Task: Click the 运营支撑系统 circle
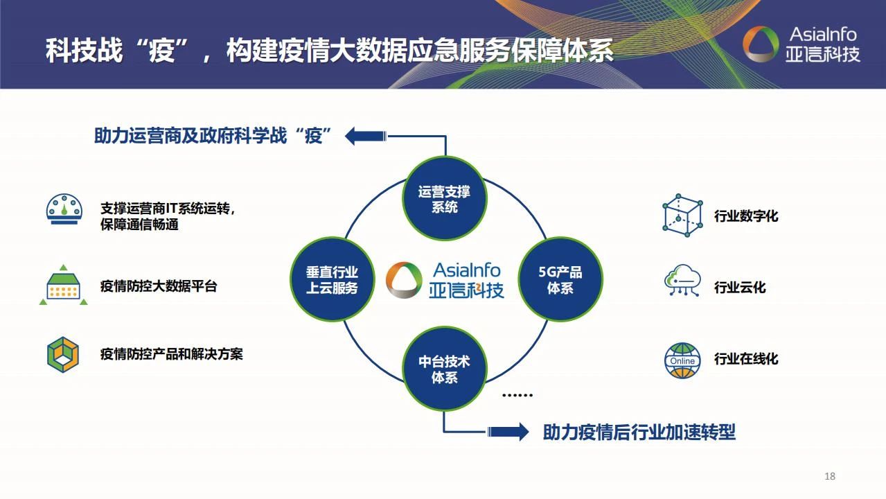(x=444, y=199)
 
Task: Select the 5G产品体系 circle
(x=560, y=279)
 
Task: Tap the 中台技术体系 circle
(x=444, y=369)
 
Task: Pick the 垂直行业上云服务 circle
(x=332, y=279)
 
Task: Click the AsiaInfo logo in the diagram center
(x=445, y=280)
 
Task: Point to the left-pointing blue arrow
(x=366, y=135)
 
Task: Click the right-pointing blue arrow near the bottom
(x=508, y=432)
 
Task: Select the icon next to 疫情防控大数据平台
(x=63, y=286)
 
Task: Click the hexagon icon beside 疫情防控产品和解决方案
(x=63, y=354)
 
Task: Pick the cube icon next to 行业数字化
(x=682, y=216)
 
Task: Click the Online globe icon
(x=682, y=360)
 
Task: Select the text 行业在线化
(x=746, y=359)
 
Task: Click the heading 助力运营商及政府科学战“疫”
(x=215, y=136)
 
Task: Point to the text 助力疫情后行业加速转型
(x=639, y=432)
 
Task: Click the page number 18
(x=830, y=476)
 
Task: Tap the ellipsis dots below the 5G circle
(x=517, y=395)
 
